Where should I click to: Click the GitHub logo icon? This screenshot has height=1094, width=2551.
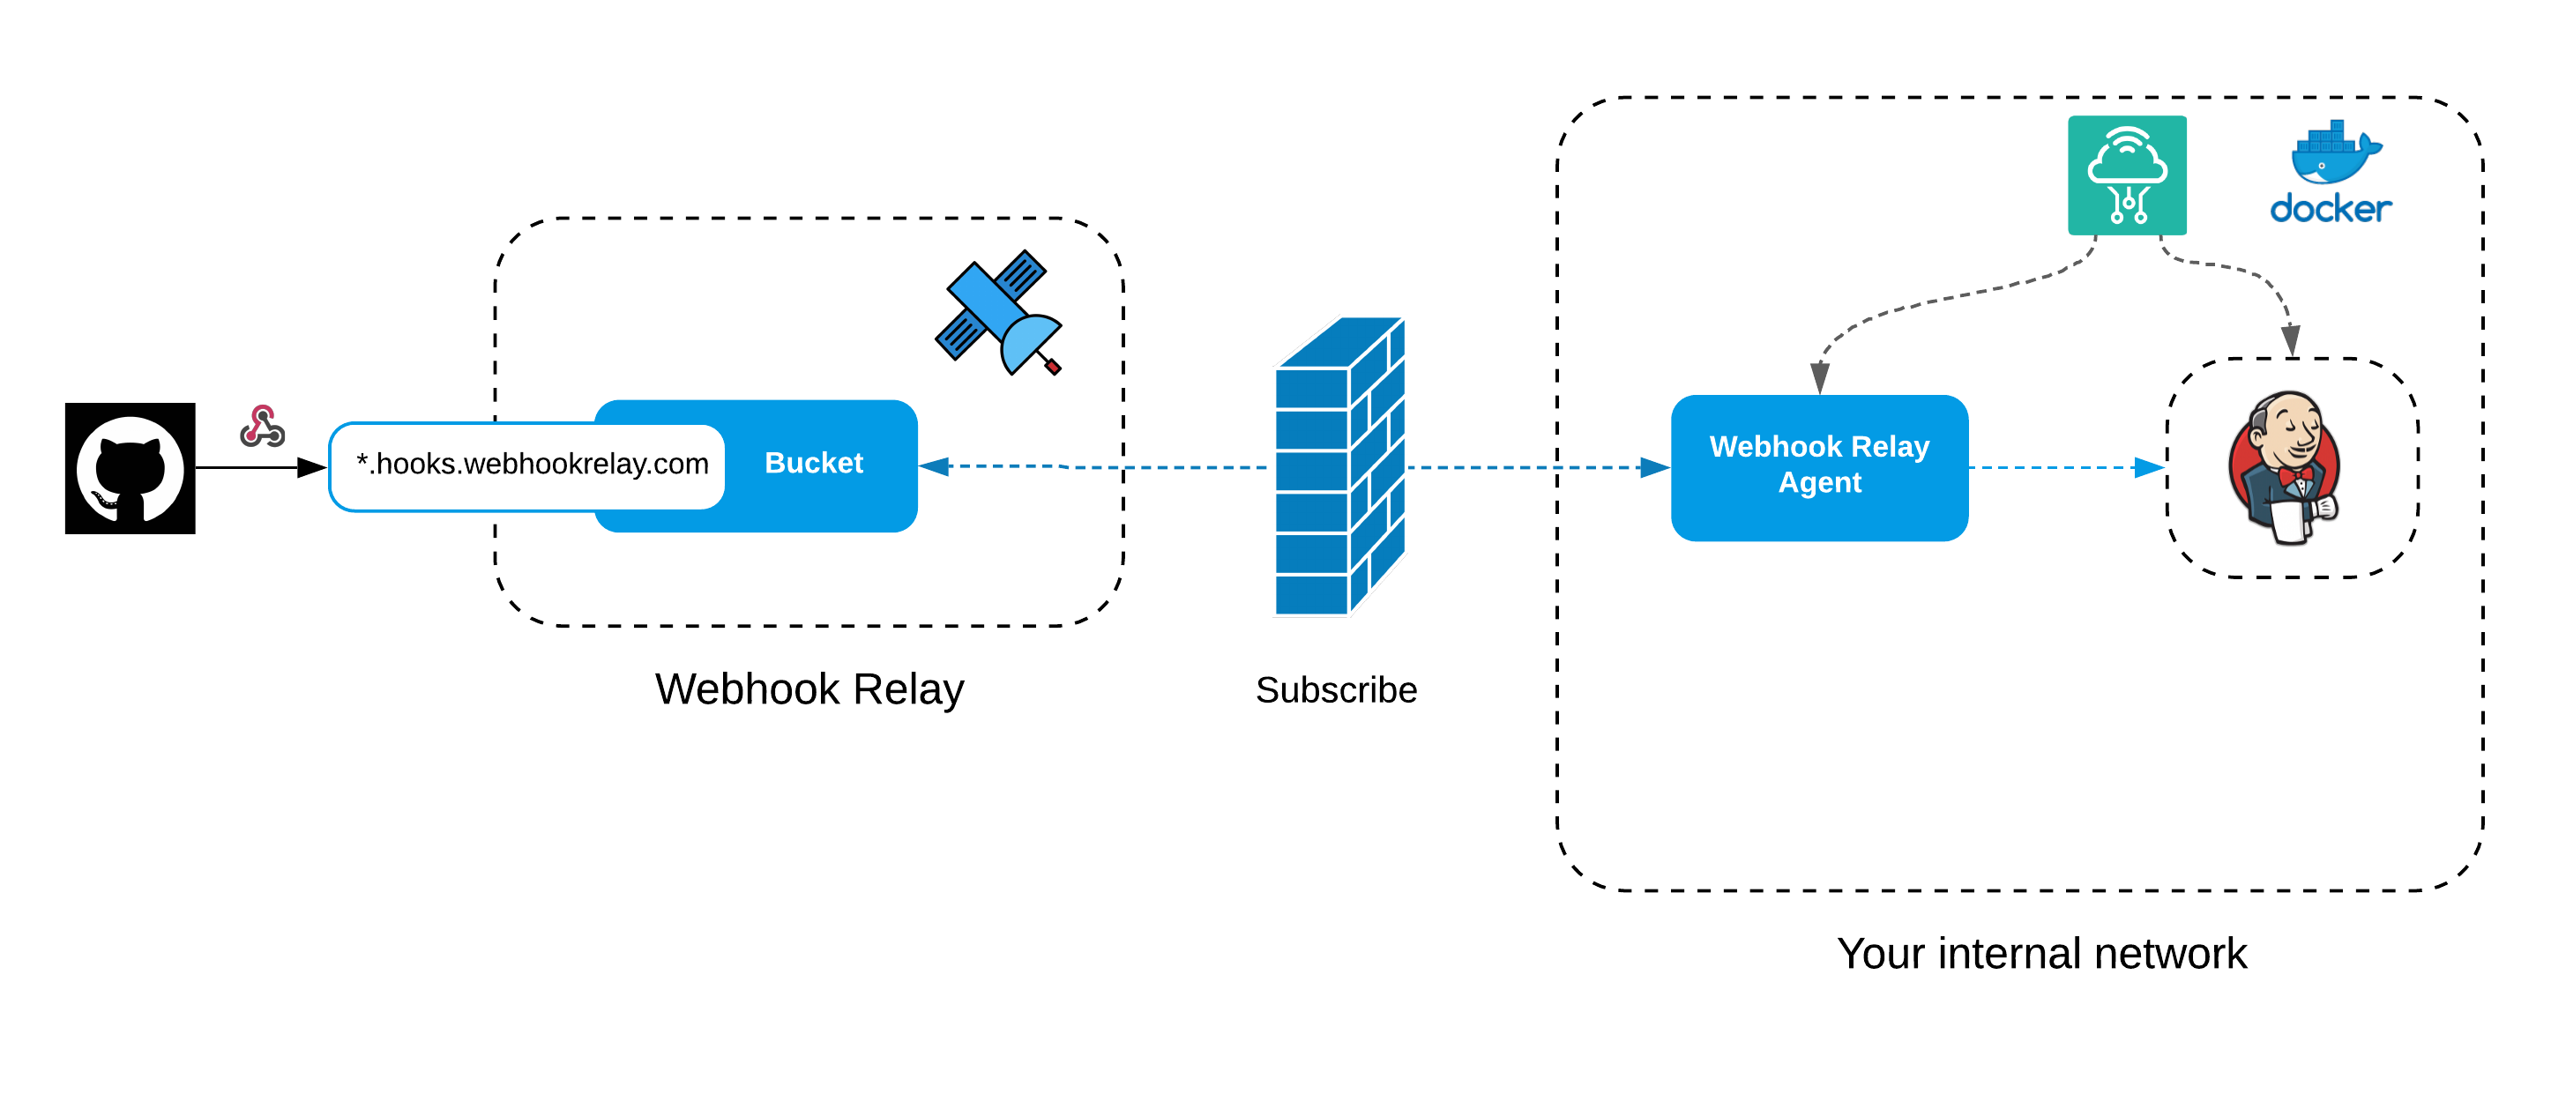click(130, 468)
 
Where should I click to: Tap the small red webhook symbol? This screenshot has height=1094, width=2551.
click(263, 428)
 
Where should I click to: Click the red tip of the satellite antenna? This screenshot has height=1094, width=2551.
click(1053, 368)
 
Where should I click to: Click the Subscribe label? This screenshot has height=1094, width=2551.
click(1335, 690)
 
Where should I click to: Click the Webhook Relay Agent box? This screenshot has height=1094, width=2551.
click(1818, 466)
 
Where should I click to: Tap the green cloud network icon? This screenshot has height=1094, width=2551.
click(2126, 175)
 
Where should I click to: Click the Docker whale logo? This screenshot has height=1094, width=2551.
click(2334, 153)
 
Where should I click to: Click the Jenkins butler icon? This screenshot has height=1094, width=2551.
click(2285, 467)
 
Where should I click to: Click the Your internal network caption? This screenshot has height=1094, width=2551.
click(2041, 954)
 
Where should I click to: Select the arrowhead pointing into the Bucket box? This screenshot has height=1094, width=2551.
click(934, 466)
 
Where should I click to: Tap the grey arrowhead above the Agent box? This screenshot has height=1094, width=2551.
click(1819, 377)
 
